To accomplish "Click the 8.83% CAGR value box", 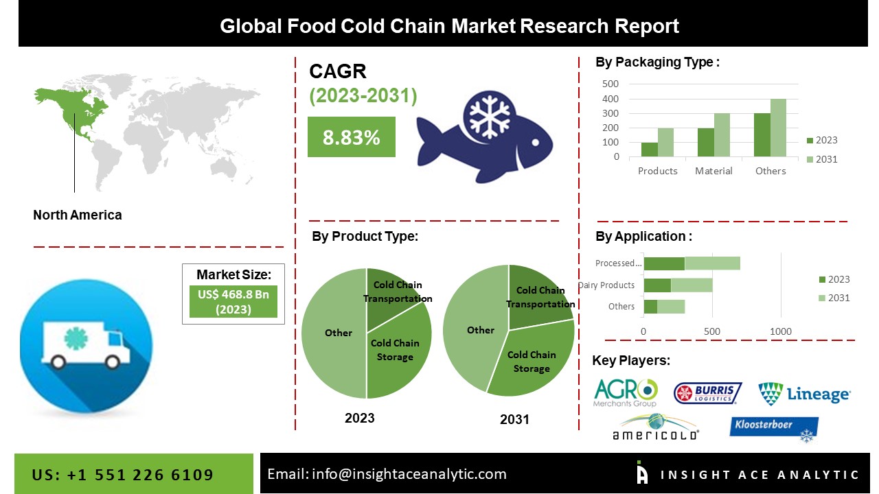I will click(351, 137).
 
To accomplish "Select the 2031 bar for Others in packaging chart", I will click(778, 128).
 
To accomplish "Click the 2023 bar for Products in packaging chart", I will click(649, 149).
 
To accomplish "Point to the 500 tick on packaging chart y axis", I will click(610, 84).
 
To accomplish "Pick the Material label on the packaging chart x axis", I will click(714, 171).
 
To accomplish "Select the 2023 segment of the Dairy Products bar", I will click(657, 285).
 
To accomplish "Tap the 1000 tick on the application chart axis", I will click(781, 331).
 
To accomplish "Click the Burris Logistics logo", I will click(707, 393).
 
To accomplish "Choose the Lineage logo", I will click(804, 394).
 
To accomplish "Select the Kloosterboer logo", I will click(774, 429).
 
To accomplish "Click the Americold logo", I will click(655, 427).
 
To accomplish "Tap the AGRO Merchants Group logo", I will click(625, 392).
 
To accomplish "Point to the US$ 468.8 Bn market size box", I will click(233, 302).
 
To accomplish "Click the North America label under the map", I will click(78, 215).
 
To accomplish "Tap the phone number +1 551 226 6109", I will click(123, 474).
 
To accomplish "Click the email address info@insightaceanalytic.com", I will click(387, 473).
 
